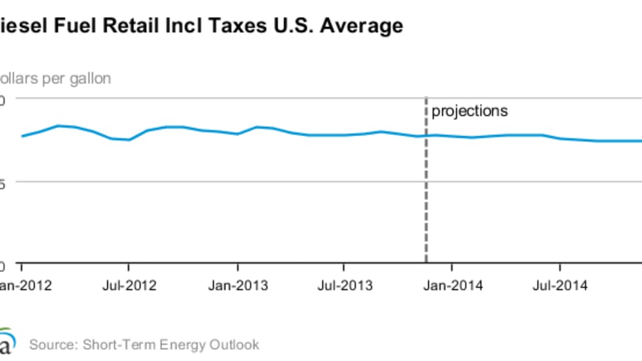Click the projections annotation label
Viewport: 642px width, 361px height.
click(469, 111)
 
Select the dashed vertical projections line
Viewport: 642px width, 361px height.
click(426, 196)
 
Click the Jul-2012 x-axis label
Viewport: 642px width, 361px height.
click(129, 286)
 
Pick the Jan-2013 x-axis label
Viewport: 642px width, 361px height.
click(238, 286)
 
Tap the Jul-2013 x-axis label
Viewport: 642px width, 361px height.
click(344, 286)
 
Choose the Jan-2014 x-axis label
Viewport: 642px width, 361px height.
click(452, 286)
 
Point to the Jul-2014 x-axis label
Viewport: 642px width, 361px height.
click(559, 286)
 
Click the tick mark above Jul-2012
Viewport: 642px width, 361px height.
click(129, 268)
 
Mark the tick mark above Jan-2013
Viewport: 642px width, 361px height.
click(238, 268)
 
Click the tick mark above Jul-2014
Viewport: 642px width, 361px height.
click(560, 268)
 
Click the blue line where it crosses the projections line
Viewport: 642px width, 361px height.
click(426, 135)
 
